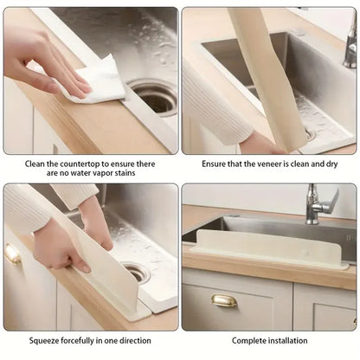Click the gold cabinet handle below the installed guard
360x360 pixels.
click(224, 300)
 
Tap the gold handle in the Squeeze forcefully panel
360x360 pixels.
click(11, 254)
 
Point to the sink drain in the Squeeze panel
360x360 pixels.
click(137, 273)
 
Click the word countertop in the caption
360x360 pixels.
click(80, 164)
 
